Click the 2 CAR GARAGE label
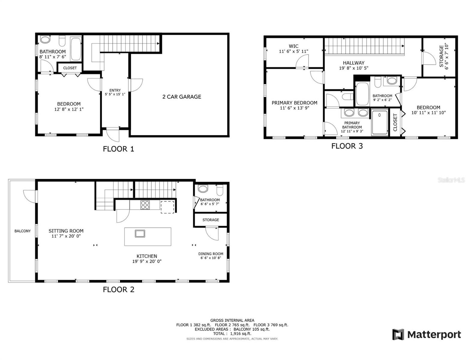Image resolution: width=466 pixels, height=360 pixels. pos(182,97)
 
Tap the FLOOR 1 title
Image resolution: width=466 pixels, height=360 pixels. pos(118,149)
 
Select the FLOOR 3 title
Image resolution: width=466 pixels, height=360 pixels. pos(347,146)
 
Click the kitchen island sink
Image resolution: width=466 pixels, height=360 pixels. pos(140,233)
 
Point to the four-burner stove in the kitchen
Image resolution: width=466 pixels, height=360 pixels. pos(145,205)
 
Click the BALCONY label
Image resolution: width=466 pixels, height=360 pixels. pos(23,231)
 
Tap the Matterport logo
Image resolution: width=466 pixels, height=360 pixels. pos(426,334)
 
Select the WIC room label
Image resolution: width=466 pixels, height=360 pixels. pos(293,46)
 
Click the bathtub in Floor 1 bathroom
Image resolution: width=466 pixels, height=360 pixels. pos(76,49)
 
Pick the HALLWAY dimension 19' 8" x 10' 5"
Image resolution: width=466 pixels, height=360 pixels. pos(353,68)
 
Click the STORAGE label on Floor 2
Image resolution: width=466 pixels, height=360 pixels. pos(211,220)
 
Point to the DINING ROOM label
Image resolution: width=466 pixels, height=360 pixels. pos(211,254)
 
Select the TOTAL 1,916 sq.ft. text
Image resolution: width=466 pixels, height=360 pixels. pos(232,334)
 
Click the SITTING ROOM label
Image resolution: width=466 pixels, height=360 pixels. pos(66,231)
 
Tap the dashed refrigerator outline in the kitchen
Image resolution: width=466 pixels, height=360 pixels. pos(167,207)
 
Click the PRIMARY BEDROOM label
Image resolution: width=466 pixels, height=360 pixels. pos(294,103)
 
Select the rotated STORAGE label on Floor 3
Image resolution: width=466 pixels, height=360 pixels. pos(441,56)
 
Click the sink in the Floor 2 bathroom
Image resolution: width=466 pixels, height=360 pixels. pos(203,189)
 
